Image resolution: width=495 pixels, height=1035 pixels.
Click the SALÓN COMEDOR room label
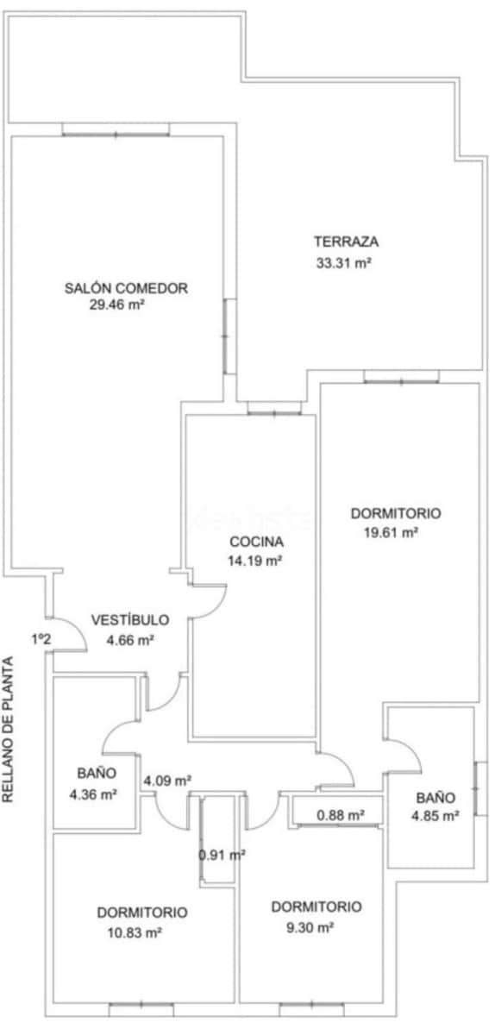[x=126, y=288]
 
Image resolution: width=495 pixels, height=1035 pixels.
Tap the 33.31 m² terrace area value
[x=343, y=264]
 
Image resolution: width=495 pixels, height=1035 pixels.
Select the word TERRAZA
[x=347, y=241]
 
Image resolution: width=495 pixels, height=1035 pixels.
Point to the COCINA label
[x=256, y=543]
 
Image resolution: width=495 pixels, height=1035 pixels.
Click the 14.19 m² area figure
[x=255, y=561]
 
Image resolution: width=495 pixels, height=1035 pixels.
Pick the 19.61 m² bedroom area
[x=392, y=533]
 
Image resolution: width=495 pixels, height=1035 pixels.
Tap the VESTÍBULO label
[x=130, y=620]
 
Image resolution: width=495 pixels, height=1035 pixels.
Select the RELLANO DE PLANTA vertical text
[x=9, y=731]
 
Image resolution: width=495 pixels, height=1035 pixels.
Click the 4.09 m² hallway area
[x=166, y=781]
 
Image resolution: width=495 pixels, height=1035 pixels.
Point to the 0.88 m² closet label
[x=340, y=814]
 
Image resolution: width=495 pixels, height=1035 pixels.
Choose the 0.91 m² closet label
[x=222, y=855]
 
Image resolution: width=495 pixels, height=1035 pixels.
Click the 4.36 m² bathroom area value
[x=93, y=794]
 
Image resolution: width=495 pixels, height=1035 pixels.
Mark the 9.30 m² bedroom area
[x=308, y=928]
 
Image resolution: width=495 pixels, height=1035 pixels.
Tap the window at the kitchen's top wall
[x=274, y=411]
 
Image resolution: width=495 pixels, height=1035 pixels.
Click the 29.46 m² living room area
[x=116, y=304]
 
